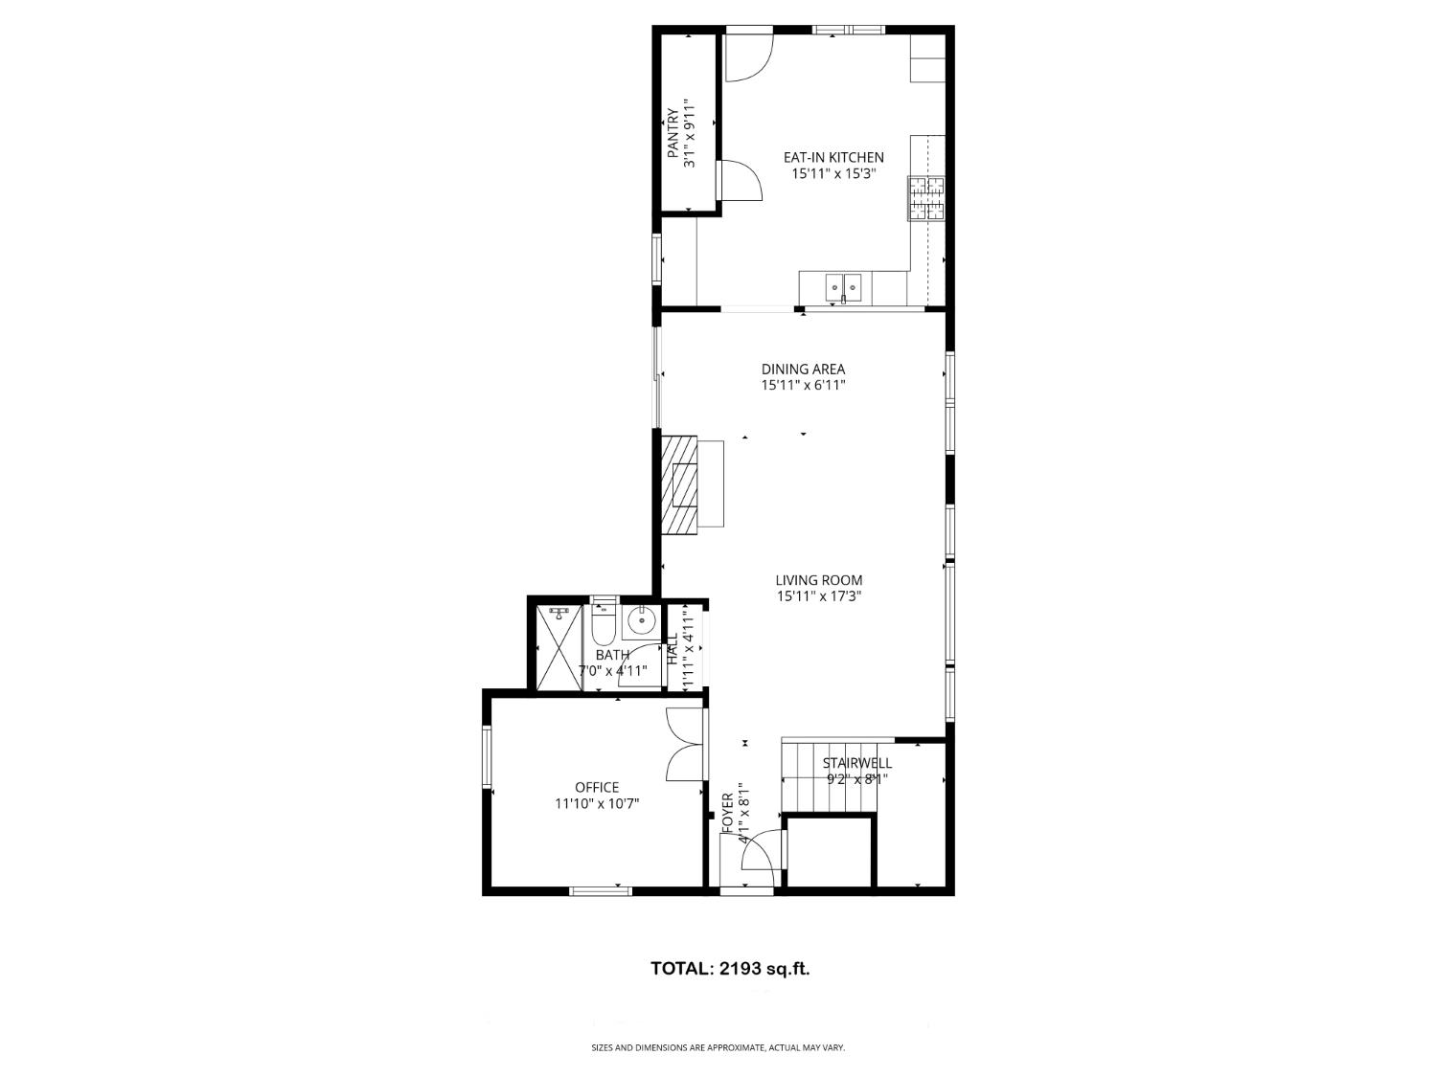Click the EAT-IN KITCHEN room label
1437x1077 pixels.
(x=833, y=158)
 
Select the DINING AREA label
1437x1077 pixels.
(x=803, y=370)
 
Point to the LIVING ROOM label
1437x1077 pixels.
(x=818, y=580)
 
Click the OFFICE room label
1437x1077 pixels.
(x=597, y=787)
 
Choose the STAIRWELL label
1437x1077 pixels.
(x=857, y=763)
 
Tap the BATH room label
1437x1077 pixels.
(x=612, y=655)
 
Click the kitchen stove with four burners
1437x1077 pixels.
(x=925, y=198)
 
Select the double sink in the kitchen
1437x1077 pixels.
(x=844, y=284)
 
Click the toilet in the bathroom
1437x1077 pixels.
(x=603, y=623)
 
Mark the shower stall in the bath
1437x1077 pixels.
(x=558, y=647)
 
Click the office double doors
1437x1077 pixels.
(x=684, y=745)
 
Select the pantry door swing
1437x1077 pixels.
(x=739, y=180)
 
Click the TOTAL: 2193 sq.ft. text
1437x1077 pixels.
(x=730, y=968)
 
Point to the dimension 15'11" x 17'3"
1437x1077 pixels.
(x=818, y=596)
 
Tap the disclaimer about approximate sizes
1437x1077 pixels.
(x=718, y=1048)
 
